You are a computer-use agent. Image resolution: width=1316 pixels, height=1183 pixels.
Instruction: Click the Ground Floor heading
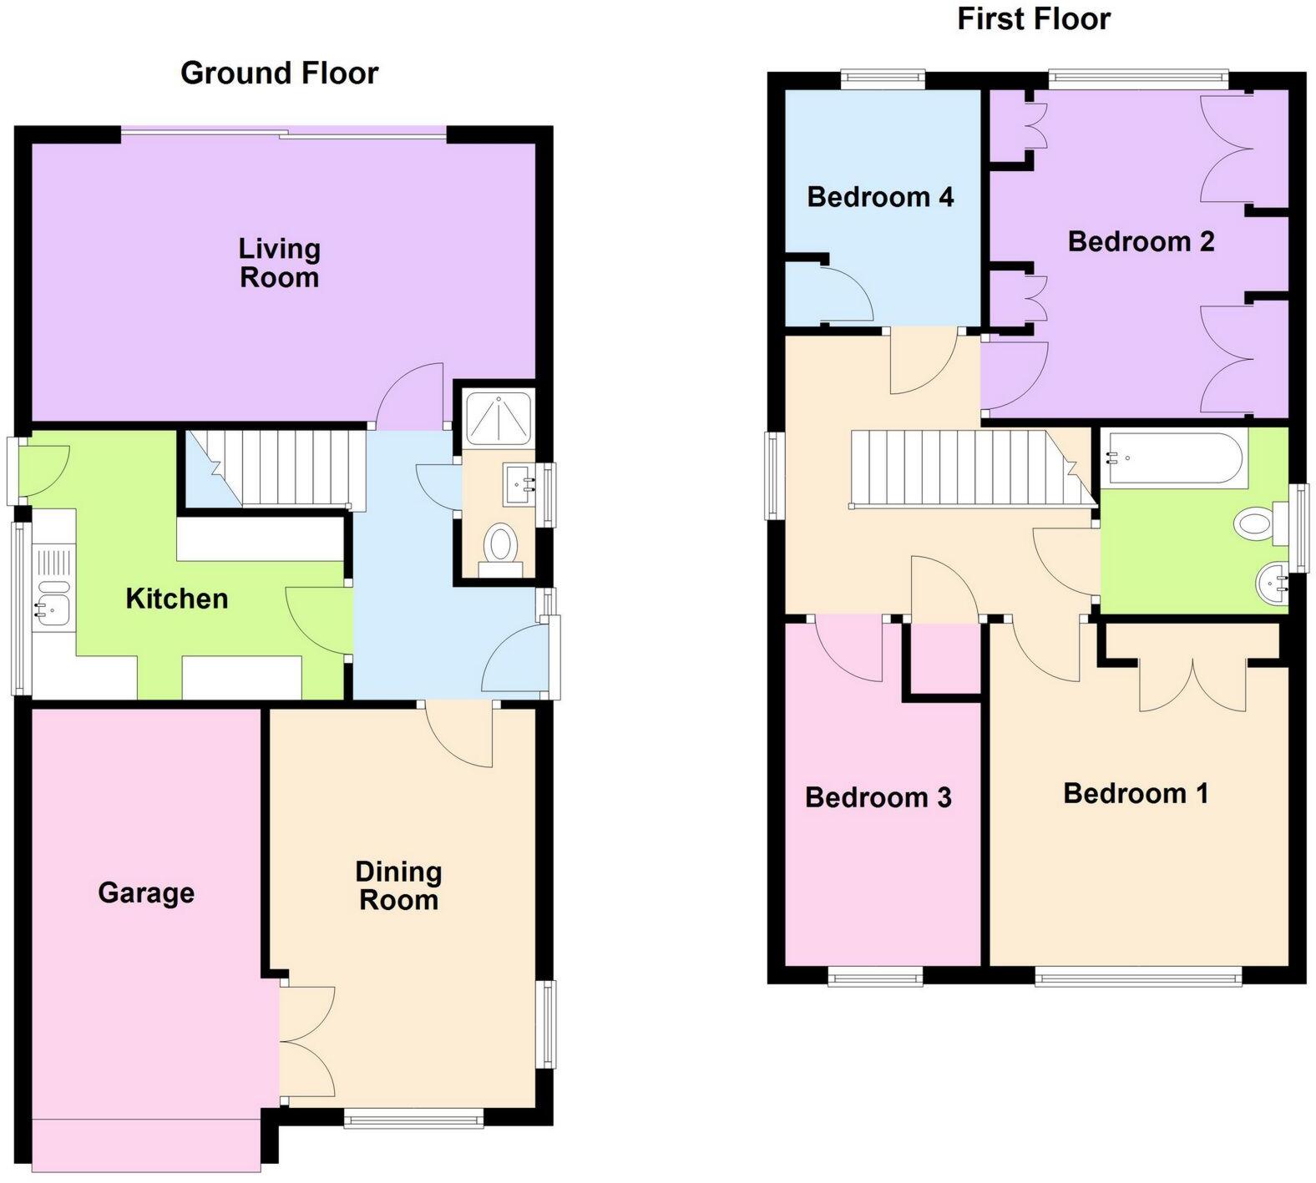279,73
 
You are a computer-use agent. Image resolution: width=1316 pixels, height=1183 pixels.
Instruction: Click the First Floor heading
1033,18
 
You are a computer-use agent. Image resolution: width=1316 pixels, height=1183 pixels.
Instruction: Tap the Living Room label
279,262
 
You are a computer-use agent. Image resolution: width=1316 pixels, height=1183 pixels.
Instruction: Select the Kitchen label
176,599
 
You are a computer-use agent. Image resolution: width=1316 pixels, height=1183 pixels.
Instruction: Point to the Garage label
146,892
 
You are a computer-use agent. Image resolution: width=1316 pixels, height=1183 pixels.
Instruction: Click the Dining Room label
398,886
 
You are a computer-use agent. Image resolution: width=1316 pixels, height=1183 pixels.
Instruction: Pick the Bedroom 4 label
880,197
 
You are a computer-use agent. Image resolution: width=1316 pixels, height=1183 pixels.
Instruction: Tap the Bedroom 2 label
1141,241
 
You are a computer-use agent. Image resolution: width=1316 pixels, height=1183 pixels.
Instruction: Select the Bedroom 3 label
878,797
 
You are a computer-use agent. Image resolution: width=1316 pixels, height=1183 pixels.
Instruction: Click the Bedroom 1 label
1136,792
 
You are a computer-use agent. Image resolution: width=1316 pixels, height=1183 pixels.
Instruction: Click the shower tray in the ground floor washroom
498,417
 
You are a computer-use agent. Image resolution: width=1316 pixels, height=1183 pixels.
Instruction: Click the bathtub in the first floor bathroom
1172,458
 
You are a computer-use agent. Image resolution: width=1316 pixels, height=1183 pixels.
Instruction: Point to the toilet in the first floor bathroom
1257,524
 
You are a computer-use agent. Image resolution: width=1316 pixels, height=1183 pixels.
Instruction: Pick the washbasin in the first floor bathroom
1273,581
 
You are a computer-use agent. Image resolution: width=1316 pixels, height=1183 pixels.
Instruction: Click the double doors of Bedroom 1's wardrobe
1193,685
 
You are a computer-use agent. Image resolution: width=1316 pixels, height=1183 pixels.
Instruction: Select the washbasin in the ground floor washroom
520,484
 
